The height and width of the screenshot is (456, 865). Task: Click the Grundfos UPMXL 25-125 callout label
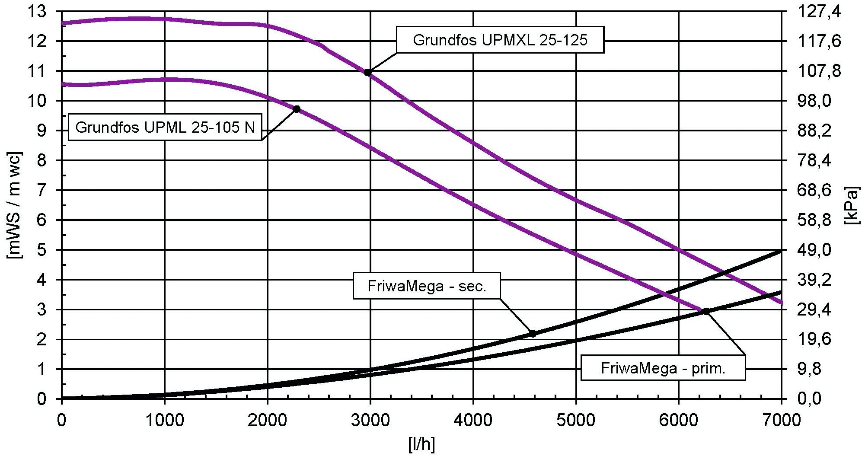coord(500,40)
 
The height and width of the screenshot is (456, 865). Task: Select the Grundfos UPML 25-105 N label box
coord(165,128)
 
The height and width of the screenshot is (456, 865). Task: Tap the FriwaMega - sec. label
coord(427,286)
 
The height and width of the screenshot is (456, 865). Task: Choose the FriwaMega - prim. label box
coord(663,368)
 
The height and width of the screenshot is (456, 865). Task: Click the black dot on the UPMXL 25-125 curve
coord(368,72)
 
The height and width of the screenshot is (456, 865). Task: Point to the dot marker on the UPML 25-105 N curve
coord(297,109)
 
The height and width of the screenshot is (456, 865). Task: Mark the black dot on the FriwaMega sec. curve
coord(533,334)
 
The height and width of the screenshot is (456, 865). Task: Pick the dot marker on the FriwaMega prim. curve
coord(706,311)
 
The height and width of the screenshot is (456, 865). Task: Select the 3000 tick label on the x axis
coord(370,420)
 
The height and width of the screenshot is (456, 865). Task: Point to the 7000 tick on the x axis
coord(781,420)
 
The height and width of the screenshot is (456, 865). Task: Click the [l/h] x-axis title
coord(421,444)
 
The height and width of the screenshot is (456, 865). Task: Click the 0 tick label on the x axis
coord(62,420)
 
